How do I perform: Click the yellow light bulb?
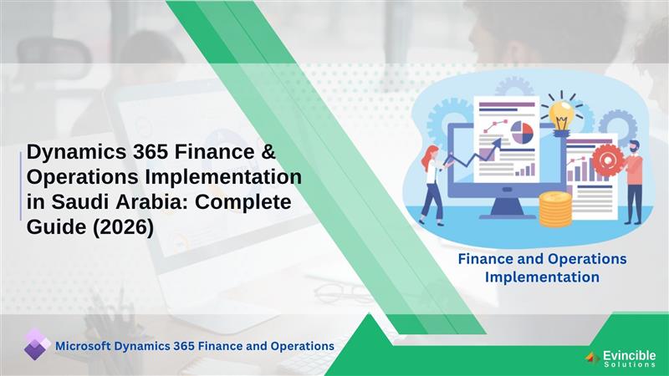pyautogui.click(x=561, y=112)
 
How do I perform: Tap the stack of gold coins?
pyautogui.click(x=554, y=209)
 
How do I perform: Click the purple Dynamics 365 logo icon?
pyautogui.click(x=36, y=344)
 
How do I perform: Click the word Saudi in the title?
pyautogui.click(x=77, y=201)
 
